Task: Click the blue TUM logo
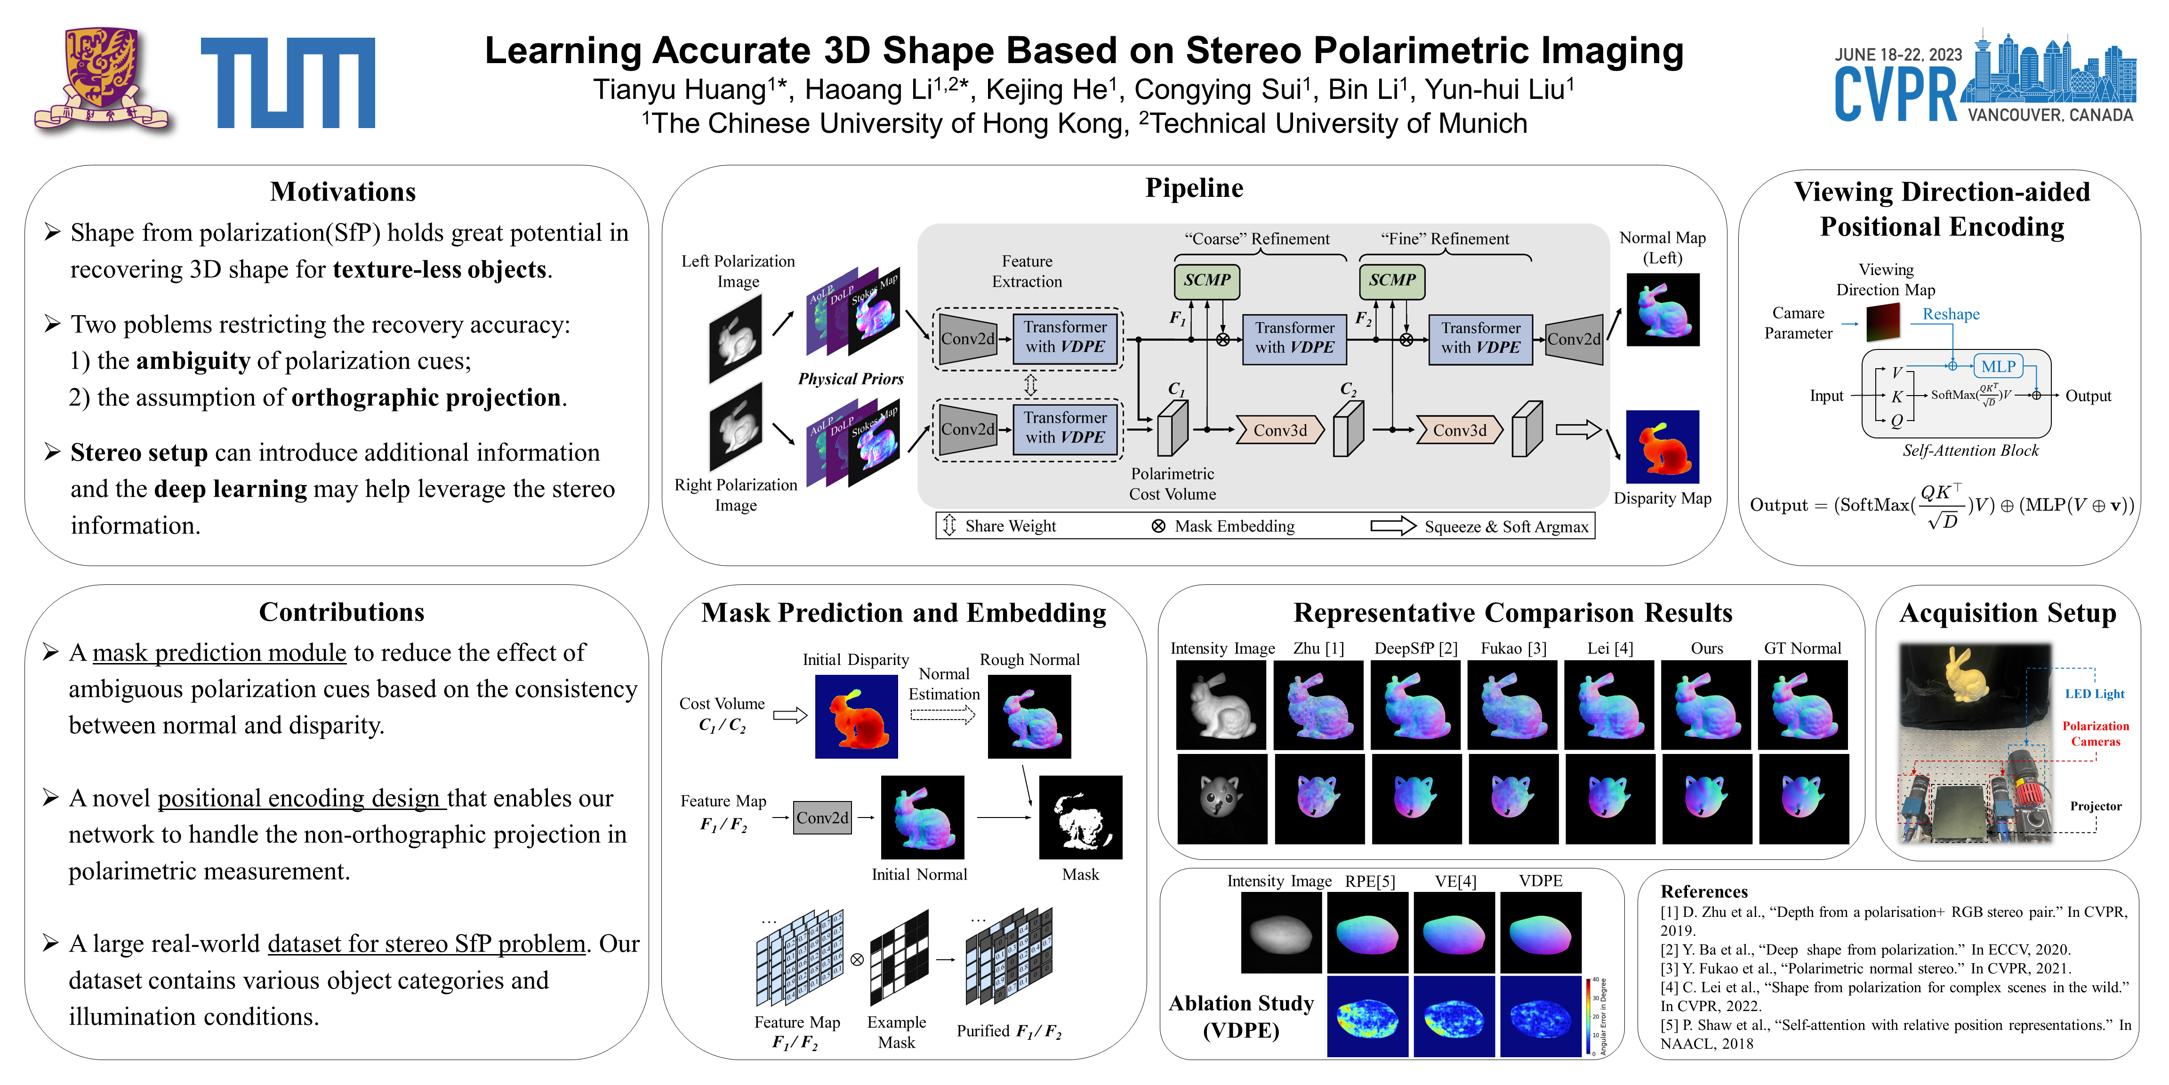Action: [x=288, y=82]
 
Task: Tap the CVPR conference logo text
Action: [x=1896, y=94]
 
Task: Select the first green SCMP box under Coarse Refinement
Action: [x=1206, y=281]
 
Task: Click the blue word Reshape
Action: [x=1951, y=314]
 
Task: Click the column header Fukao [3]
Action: [x=1513, y=648]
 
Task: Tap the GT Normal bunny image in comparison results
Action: [x=1803, y=705]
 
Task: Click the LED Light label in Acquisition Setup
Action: [x=2094, y=694]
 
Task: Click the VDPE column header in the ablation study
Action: [x=1540, y=881]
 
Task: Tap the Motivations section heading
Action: [x=343, y=192]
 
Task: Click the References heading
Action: [x=1703, y=891]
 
